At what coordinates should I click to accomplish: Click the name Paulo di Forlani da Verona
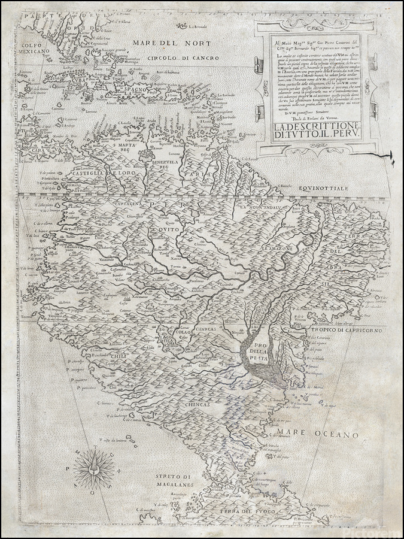point(299,119)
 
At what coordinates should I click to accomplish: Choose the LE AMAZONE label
point(281,247)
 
